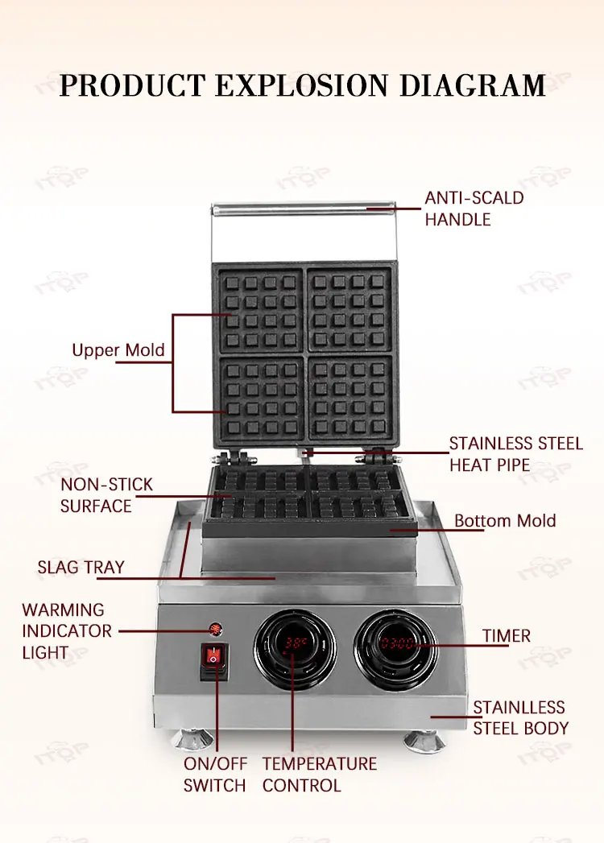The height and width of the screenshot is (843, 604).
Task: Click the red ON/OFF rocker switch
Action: pos(213,658)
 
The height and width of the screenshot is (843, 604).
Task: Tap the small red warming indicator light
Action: pos(215,629)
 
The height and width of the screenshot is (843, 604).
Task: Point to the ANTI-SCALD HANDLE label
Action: pos(474,208)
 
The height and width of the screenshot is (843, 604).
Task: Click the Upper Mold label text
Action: pos(118,350)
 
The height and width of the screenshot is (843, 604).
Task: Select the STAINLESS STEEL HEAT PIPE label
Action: pos(515,454)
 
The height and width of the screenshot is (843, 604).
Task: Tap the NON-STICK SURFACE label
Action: pos(106,495)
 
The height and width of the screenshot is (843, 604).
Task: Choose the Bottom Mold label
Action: pos(505,521)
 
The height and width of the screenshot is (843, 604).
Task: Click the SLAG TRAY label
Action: pos(81,567)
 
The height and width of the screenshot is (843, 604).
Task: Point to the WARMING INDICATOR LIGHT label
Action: pos(67,631)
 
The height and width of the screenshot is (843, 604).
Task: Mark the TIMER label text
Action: pos(507,636)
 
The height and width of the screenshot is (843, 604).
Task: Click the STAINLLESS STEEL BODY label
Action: pos(520,718)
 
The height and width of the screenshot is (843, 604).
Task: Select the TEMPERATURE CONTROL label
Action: pos(319,774)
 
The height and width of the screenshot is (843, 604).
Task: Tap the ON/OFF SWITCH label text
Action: pos(215,774)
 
